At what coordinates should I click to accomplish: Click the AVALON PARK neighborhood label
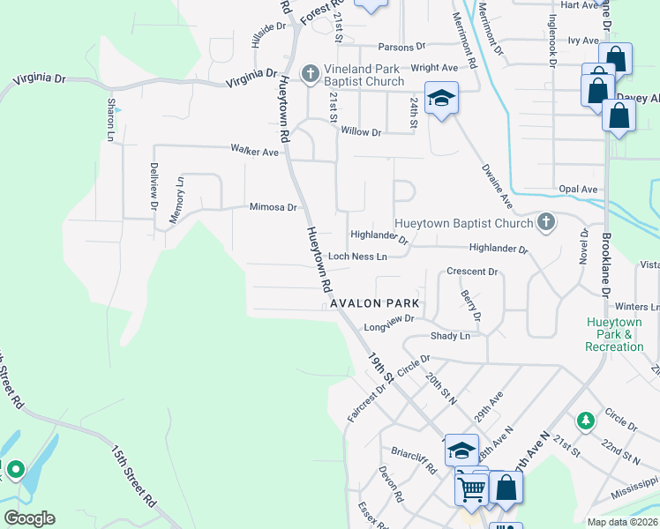(x=373, y=303)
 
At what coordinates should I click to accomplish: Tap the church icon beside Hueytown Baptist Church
(x=546, y=223)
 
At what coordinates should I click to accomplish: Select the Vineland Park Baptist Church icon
(x=310, y=74)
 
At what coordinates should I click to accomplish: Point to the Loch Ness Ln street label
(x=357, y=257)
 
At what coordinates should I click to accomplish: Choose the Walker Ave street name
(x=254, y=152)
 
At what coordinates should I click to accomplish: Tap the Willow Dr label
(x=361, y=132)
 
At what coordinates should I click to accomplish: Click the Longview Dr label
(x=389, y=325)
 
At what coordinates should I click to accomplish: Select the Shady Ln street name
(x=450, y=336)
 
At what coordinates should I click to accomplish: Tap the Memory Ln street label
(x=177, y=199)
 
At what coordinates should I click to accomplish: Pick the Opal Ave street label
(x=578, y=190)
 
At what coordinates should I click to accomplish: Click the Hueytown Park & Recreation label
(x=614, y=334)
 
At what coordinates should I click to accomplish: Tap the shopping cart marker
(x=472, y=487)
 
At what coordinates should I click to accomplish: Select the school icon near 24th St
(x=441, y=97)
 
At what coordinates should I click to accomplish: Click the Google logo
(x=29, y=518)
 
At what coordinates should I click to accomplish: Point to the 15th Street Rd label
(x=133, y=474)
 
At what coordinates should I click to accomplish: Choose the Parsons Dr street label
(x=401, y=47)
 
